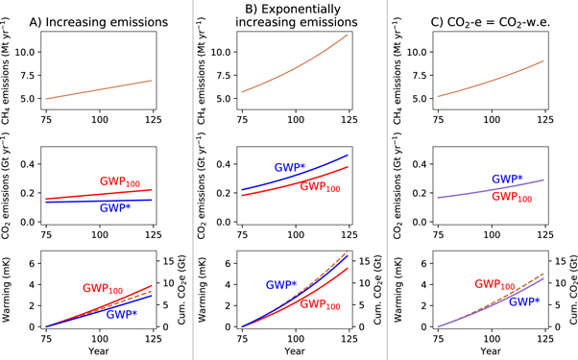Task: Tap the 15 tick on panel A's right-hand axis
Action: pos(175,260)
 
